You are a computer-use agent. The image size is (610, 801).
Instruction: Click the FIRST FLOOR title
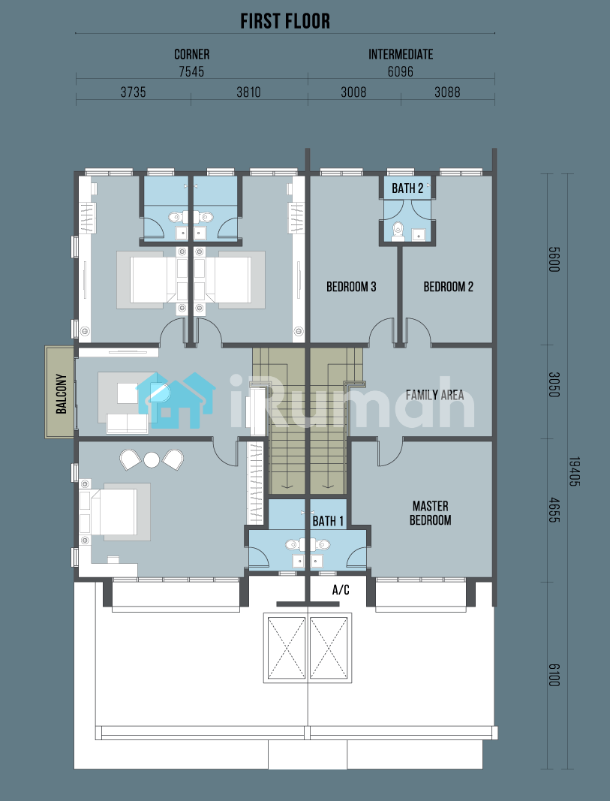pyautogui.click(x=285, y=22)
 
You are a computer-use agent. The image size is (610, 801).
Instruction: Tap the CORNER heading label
pyautogui.click(x=192, y=55)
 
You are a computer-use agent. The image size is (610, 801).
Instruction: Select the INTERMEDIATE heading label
pyautogui.click(x=401, y=55)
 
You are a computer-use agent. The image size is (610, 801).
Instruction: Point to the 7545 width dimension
pyautogui.click(x=191, y=71)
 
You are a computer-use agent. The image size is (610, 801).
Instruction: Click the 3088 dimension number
pyautogui.click(x=447, y=92)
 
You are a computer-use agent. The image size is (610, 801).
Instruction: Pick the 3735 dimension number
pyautogui.click(x=134, y=92)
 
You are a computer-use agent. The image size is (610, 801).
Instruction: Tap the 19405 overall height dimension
pyautogui.click(x=574, y=471)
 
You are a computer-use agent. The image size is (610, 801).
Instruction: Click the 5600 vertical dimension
pyautogui.click(x=554, y=259)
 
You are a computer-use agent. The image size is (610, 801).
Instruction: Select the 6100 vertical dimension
pyautogui.click(x=554, y=675)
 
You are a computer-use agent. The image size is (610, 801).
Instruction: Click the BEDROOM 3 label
pyautogui.click(x=351, y=287)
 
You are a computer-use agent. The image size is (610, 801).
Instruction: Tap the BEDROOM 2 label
pyautogui.click(x=448, y=287)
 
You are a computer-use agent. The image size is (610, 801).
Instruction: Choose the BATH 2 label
pyautogui.click(x=407, y=188)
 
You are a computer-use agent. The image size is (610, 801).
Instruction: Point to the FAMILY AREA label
pyautogui.click(x=435, y=395)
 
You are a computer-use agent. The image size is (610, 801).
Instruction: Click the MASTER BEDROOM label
pyautogui.click(x=431, y=513)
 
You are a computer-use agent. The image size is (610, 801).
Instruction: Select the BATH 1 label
pyautogui.click(x=328, y=521)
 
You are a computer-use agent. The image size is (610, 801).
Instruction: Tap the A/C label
pyautogui.click(x=341, y=590)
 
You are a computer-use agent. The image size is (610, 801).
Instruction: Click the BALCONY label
pyautogui.click(x=62, y=394)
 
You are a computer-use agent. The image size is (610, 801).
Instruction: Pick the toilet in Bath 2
pyautogui.click(x=397, y=231)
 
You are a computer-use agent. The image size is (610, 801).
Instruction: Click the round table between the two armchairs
pyautogui.click(x=152, y=460)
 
